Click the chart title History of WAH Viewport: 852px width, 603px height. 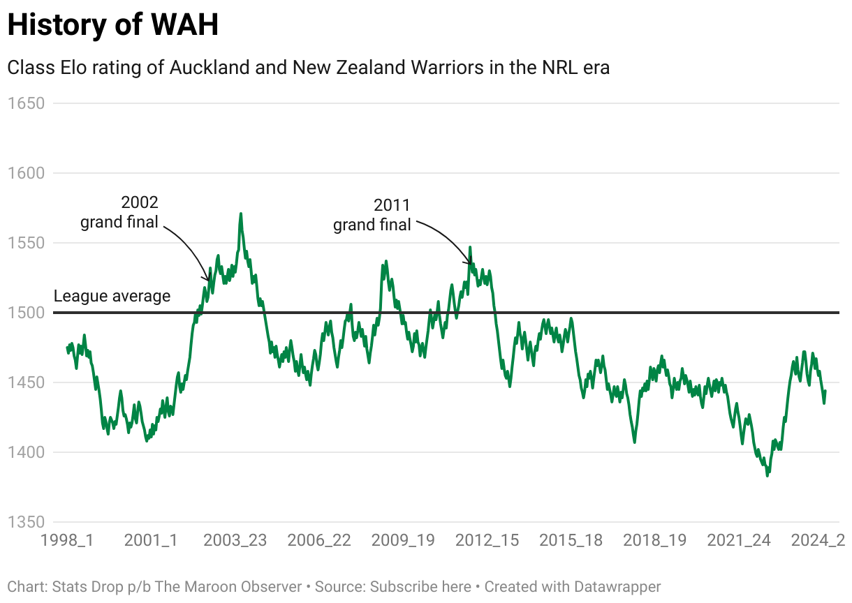[x=112, y=25]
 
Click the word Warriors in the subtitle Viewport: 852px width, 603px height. [x=453, y=68]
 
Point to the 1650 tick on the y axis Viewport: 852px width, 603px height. [x=25, y=103]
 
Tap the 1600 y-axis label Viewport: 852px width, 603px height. [x=25, y=173]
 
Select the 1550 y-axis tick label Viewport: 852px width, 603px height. [x=25, y=243]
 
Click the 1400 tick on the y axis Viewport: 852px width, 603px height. [x=25, y=452]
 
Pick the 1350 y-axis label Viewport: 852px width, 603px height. [x=25, y=522]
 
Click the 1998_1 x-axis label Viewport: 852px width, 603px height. [x=67, y=540]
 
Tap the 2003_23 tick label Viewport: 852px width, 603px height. [x=235, y=540]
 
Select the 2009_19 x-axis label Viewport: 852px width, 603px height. [x=402, y=540]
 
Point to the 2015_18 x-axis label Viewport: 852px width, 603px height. [x=571, y=540]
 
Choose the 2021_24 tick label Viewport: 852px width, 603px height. [x=738, y=540]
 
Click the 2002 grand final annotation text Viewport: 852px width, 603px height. [x=120, y=212]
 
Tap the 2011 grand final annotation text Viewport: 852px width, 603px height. [x=372, y=215]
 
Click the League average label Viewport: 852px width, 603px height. [x=112, y=296]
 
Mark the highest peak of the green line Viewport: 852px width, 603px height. [x=241, y=214]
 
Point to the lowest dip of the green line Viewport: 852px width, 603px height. [x=767, y=475]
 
